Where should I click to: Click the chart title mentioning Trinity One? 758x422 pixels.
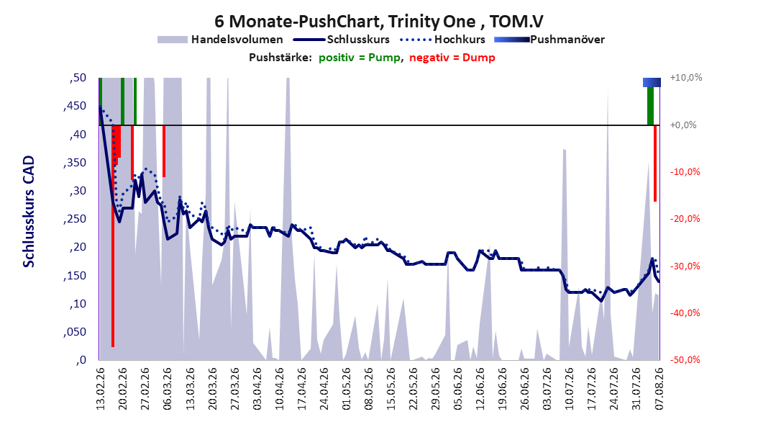(x=379, y=22)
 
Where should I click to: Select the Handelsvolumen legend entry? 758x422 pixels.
(x=221, y=40)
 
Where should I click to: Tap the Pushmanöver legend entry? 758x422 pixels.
(x=549, y=40)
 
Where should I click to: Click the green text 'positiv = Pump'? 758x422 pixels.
(x=360, y=58)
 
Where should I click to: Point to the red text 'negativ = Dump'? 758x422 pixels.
(x=452, y=58)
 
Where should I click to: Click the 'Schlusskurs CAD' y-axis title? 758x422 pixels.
(x=29, y=212)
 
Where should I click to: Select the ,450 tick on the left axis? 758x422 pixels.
(x=75, y=106)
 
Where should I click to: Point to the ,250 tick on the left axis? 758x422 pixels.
(x=75, y=219)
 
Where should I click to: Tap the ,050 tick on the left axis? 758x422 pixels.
(x=75, y=332)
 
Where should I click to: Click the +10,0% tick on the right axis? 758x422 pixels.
(x=686, y=78)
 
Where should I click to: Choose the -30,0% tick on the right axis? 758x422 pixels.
(x=685, y=266)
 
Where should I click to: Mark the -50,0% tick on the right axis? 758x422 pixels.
(x=685, y=360)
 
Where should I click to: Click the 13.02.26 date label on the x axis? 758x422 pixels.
(x=100, y=389)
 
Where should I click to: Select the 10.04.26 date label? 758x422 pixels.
(x=279, y=389)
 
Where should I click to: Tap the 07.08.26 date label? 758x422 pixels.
(x=659, y=389)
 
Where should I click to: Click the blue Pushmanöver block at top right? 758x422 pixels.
(x=652, y=82)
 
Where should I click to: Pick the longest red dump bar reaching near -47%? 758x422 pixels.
(x=113, y=236)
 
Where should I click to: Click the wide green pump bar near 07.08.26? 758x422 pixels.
(x=651, y=106)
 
